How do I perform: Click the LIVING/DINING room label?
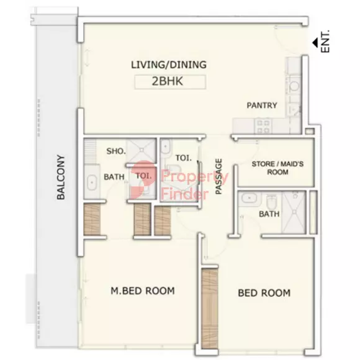[169, 65]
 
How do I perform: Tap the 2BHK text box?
[170, 82]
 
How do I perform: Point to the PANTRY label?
[262, 106]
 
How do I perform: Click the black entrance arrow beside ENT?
[315, 43]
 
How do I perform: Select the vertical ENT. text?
[325, 42]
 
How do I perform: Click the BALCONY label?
[61, 177]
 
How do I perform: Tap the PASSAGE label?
[218, 176]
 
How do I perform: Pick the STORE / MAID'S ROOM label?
[277, 168]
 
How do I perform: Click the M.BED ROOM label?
[143, 291]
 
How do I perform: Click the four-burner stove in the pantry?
[263, 126]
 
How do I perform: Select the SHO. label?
[116, 151]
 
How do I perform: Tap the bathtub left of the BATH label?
[92, 182]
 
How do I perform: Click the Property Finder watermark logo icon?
[142, 180]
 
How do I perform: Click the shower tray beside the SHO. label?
[142, 150]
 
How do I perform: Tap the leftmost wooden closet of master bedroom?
[92, 220]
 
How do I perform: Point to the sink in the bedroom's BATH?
[249, 198]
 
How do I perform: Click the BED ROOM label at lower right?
[264, 293]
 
